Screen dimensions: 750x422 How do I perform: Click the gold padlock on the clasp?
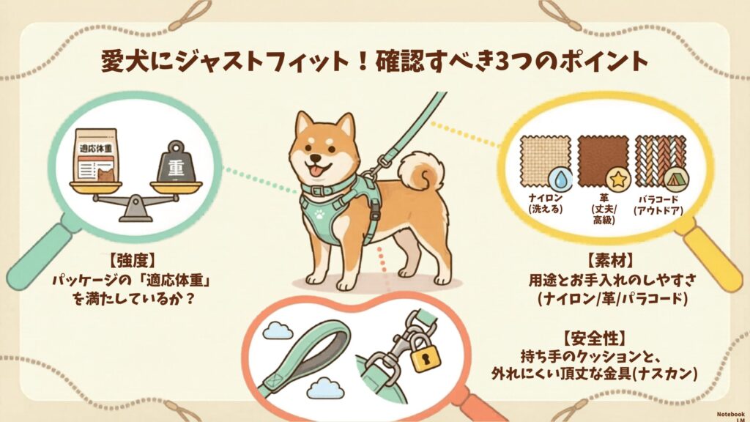[x=426, y=355]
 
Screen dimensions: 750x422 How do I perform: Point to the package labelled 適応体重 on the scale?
[x=96, y=155]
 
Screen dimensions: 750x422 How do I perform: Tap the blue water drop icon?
[x=560, y=179]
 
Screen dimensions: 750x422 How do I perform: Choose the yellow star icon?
[x=618, y=179]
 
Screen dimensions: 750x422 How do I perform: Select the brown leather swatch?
[x=602, y=160]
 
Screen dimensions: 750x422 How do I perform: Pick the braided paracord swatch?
[x=660, y=160]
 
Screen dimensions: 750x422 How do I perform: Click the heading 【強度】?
[x=133, y=261]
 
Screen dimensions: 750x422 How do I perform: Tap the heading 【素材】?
[x=610, y=261]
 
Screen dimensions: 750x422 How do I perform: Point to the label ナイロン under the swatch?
[x=545, y=198]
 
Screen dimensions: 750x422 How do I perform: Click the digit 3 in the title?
[x=501, y=62]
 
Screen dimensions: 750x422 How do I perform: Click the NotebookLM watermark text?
[x=731, y=416]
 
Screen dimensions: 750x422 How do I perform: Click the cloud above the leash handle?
[x=278, y=330]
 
